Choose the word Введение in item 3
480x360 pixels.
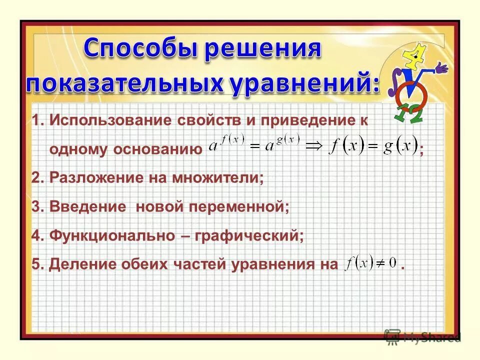coord(88,207)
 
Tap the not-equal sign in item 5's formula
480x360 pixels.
coord(381,263)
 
